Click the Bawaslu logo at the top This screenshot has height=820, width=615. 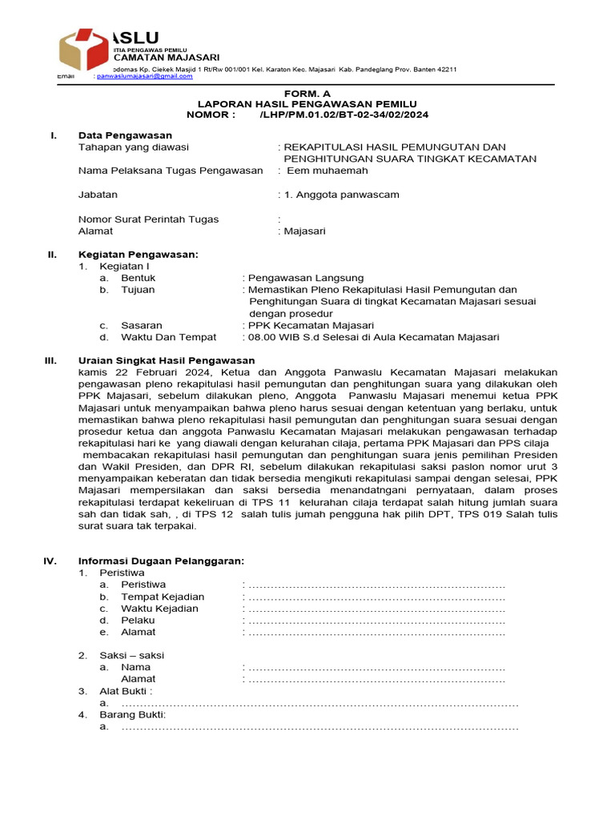pyautogui.click(x=83, y=50)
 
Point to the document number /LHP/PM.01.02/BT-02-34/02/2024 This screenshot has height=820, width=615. pyautogui.click(x=344, y=115)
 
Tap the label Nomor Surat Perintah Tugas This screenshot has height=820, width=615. pyautogui.click(x=148, y=219)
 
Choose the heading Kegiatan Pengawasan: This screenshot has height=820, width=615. pyautogui.click(x=138, y=255)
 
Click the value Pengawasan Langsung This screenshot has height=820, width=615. pyautogui.click(x=306, y=278)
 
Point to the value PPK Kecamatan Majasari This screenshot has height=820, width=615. pyautogui.click(x=311, y=325)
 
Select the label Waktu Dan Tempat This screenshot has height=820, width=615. pyautogui.click(x=169, y=337)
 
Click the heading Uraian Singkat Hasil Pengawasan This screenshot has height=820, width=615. pyautogui.click(x=167, y=360)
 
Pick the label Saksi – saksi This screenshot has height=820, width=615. pyautogui.click(x=131, y=655)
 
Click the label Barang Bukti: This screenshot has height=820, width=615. pyautogui.click(x=132, y=714)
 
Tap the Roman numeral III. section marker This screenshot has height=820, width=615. pyautogui.click(x=50, y=360)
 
